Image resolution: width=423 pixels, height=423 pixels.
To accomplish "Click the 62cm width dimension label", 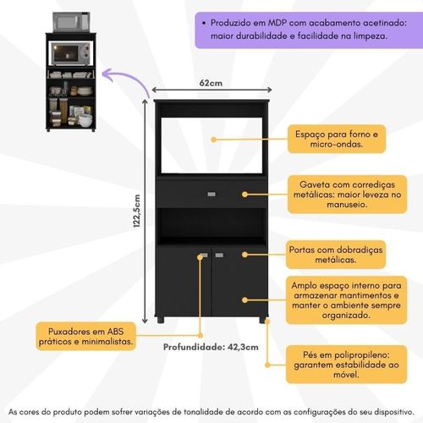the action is [x=211, y=83].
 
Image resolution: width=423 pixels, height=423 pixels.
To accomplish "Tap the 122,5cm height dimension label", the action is [x=137, y=211].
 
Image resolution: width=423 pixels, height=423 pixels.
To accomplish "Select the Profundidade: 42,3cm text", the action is [x=211, y=347].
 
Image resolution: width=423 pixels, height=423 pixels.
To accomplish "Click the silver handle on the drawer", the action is [x=211, y=194].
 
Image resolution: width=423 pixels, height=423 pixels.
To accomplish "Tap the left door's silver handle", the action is [x=203, y=255].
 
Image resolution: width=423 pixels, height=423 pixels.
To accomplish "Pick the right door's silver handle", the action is [x=219, y=255].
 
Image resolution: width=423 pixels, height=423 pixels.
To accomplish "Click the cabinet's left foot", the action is [x=160, y=320].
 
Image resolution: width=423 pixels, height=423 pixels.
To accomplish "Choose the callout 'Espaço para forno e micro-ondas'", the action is [x=337, y=139].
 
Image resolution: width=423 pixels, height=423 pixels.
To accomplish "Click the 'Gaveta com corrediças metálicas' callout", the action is [x=348, y=195].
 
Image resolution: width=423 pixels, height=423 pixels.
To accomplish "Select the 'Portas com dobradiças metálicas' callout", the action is [x=336, y=255].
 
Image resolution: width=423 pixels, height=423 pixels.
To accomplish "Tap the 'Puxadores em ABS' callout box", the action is [x=86, y=337].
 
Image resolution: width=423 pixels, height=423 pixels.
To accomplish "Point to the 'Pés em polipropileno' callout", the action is [x=347, y=365].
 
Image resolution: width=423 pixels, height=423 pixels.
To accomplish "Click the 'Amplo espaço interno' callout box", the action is [x=347, y=300].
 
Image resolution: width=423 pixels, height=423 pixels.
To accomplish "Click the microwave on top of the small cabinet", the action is [x=71, y=22].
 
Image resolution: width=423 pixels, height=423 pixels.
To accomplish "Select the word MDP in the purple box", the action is [x=277, y=23].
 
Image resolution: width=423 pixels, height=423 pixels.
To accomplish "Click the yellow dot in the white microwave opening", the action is [x=214, y=140].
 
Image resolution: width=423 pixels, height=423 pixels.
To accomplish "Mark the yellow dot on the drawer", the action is [x=244, y=195].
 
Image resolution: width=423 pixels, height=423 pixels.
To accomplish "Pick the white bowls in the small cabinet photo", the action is [x=85, y=120].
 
